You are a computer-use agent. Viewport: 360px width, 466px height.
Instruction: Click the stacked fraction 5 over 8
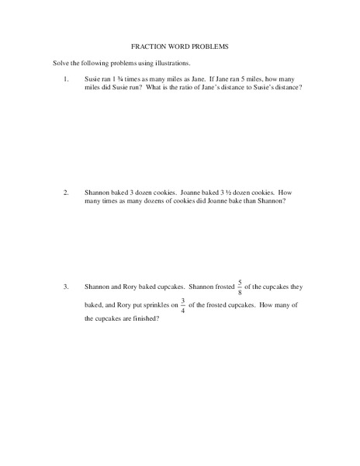tap(240, 287)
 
